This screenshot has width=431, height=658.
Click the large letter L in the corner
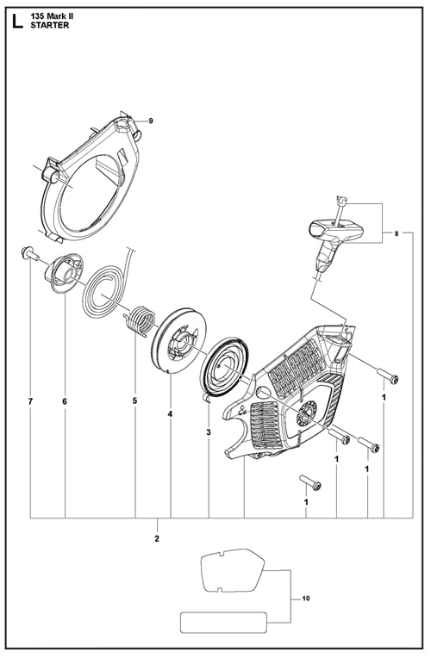(x=18, y=22)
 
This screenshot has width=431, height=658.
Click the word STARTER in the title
(x=50, y=26)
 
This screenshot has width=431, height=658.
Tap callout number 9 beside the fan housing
(x=150, y=121)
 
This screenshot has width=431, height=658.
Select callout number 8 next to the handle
(x=397, y=234)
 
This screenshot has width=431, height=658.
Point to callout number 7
(x=30, y=401)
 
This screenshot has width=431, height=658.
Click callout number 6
(x=65, y=401)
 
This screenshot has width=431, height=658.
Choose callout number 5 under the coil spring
(x=134, y=400)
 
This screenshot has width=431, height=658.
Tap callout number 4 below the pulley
(x=170, y=414)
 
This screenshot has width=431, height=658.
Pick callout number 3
(x=209, y=432)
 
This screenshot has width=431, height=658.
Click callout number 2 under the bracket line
(x=157, y=539)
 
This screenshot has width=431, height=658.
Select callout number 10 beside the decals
(x=306, y=598)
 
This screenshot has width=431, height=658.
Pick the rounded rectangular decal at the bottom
(x=223, y=622)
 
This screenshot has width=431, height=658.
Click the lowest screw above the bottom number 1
(x=310, y=482)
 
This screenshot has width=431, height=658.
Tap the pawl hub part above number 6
(x=66, y=273)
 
